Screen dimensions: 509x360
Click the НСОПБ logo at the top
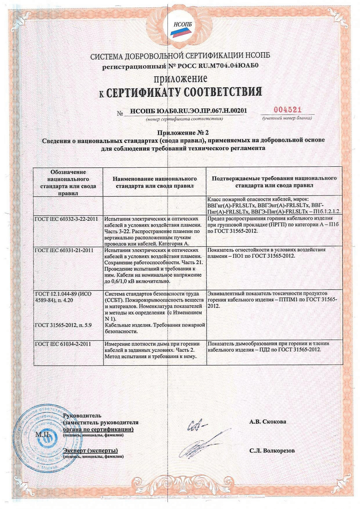pyautogui.click(x=180, y=28)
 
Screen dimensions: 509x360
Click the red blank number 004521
pyautogui.click(x=288, y=110)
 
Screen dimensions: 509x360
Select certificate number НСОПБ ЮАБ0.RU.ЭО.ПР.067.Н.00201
pyautogui.click(x=188, y=111)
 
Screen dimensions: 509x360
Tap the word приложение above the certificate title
pyautogui.click(x=180, y=78)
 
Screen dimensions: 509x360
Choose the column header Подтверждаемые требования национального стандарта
pyautogui.click(x=274, y=182)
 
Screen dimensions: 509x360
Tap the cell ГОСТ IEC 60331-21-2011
pyautogui.click(x=64, y=250)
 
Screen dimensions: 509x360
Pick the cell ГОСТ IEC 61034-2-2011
pyautogui.click(x=63, y=344)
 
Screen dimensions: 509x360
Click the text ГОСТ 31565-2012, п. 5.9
pyautogui.click(x=63, y=325)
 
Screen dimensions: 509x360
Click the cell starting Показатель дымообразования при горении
pyautogui.click(x=269, y=347)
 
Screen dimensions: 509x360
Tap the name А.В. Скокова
pyautogui.click(x=268, y=421)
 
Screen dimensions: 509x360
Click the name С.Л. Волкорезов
pyautogui.click(x=272, y=450)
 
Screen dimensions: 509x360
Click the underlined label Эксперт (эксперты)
pyautogui.click(x=90, y=451)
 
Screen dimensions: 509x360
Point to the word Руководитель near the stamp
pyautogui.click(x=82, y=416)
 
